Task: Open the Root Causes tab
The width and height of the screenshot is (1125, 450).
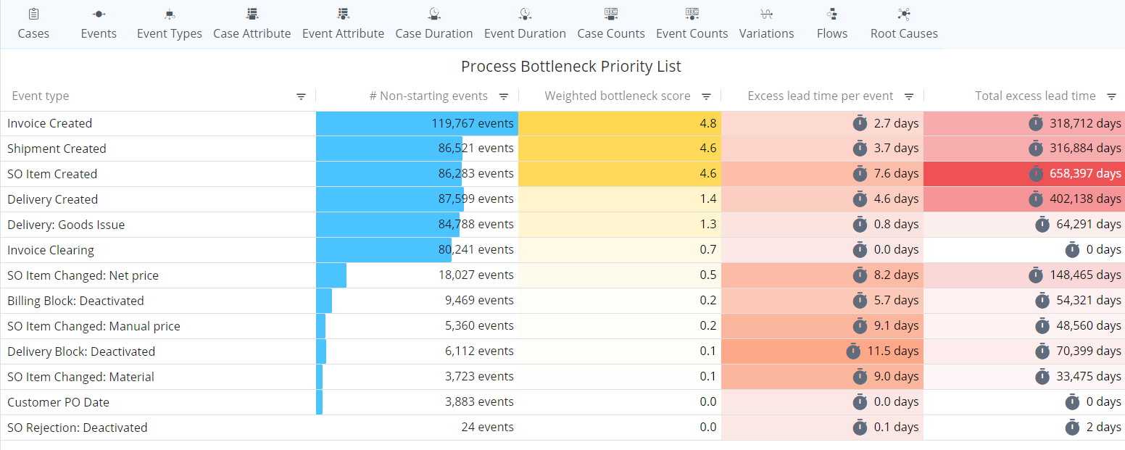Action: tap(904, 24)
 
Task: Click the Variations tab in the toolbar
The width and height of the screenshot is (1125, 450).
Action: tap(766, 24)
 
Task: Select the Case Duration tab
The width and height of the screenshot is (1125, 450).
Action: tap(433, 24)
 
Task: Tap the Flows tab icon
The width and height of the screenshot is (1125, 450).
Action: tap(831, 14)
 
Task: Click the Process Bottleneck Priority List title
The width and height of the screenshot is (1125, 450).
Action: tap(571, 67)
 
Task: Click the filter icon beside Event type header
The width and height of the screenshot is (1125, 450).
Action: tap(302, 96)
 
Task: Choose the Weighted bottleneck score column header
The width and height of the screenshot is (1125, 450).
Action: tap(617, 96)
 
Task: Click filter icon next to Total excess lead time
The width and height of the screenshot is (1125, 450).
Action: tap(1111, 96)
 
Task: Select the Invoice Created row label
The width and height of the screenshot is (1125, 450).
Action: tap(50, 123)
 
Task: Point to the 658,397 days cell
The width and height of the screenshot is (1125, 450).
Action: tap(1085, 174)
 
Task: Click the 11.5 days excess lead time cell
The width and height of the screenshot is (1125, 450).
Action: tap(892, 351)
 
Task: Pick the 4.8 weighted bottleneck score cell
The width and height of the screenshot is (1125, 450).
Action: tap(707, 123)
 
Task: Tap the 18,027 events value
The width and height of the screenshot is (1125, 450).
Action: tap(479, 275)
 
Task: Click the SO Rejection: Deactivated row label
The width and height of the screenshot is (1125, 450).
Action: tap(78, 428)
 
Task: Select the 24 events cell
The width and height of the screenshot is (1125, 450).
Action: tap(487, 428)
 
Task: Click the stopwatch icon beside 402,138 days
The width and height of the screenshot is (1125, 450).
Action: tap(1037, 199)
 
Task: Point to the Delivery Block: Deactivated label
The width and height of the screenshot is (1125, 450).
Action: tap(81, 351)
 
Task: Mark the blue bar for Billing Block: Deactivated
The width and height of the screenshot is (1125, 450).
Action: tap(324, 301)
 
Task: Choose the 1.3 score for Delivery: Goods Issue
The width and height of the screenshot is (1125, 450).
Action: tap(707, 225)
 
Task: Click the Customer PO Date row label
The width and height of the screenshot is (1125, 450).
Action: tap(58, 402)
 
